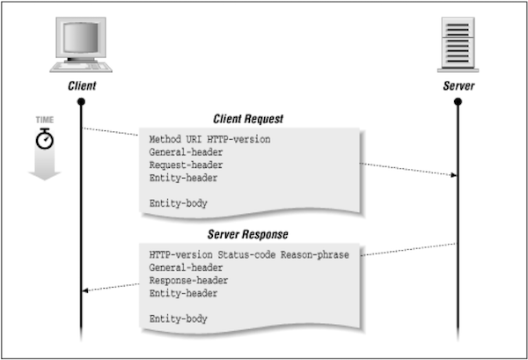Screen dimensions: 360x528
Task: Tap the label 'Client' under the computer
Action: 81,88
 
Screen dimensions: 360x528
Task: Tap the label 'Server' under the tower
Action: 457,88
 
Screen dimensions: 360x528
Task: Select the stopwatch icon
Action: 43,138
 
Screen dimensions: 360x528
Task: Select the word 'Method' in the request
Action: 166,139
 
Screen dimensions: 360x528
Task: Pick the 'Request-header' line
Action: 186,165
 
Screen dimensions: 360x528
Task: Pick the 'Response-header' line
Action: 188,280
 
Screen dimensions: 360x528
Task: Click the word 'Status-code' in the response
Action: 250,254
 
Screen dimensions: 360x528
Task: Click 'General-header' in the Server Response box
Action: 186,268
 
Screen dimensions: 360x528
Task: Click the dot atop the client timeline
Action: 81,102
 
